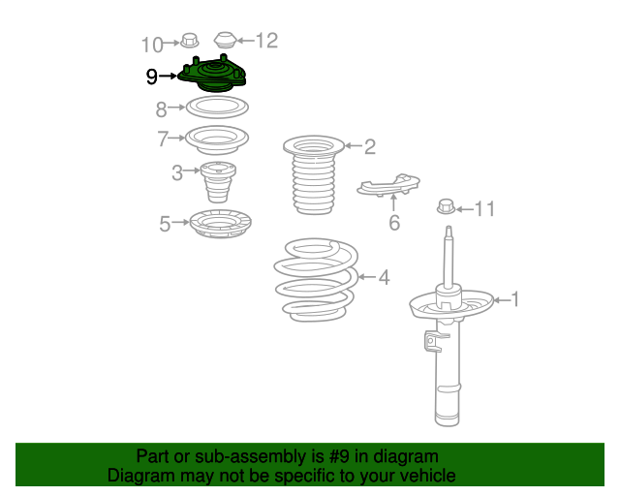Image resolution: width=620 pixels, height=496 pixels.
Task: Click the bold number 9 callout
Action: tap(152, 77)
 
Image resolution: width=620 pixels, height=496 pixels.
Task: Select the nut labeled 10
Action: tap(190, 41)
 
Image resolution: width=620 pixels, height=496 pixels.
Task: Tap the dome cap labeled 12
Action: tap(225, 40)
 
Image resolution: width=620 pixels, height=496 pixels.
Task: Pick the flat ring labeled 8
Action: tap(217, 108)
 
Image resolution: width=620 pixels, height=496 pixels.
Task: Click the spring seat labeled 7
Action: tap(217, 139)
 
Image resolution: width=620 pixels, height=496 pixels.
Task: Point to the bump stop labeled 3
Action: tap(218, 182)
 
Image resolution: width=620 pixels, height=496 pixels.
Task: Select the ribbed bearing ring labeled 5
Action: tap(220, 224)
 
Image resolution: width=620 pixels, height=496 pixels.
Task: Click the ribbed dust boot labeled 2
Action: tap(314, 174)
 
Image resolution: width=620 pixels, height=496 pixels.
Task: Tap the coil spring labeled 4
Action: tap(316, 280)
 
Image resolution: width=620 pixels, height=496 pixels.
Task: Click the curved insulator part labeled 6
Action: tap(388, 185)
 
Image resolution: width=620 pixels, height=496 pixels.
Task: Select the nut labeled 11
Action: tap(446, 207)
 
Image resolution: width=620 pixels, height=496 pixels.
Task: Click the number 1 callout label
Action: tap(514, 299)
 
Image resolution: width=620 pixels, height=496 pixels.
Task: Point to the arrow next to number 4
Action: tap(367, 277)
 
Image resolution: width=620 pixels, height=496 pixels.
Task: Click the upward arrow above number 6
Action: tap(393, 202)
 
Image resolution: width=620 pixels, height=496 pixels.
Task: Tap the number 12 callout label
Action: tap(267, 41)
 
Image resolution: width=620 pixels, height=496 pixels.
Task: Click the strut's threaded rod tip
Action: tap(449, 228)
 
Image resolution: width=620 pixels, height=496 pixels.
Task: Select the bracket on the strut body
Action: tap(433, 341)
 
